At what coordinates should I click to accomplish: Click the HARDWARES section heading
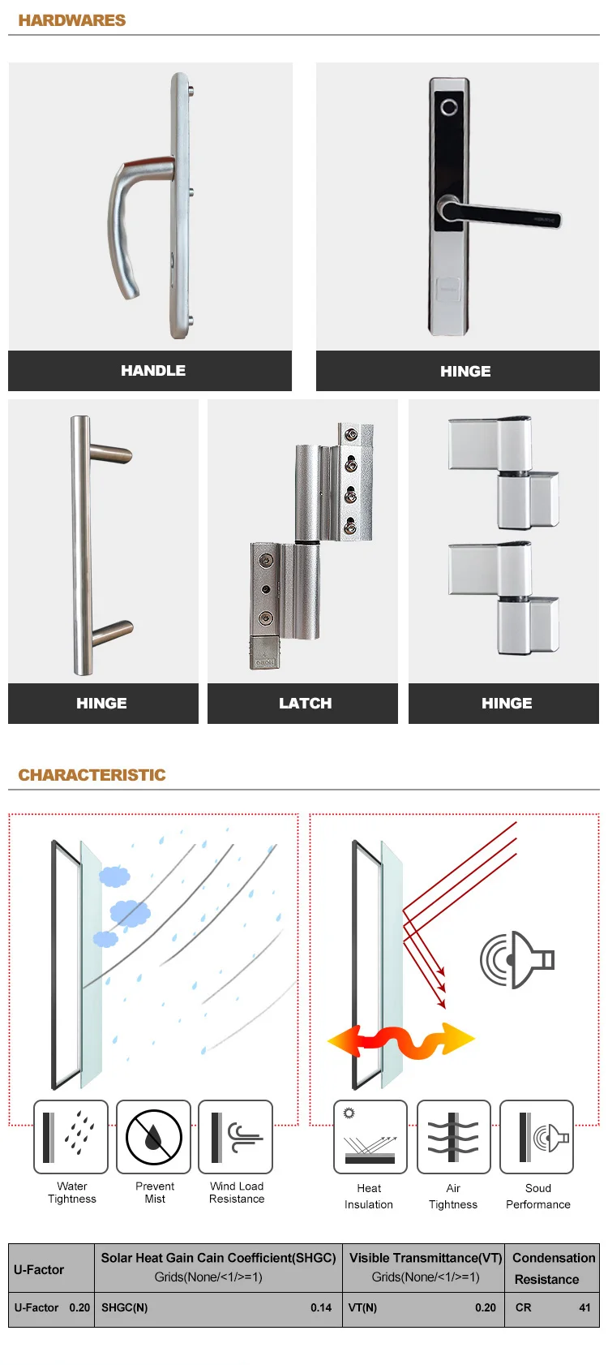(x=72, y=20)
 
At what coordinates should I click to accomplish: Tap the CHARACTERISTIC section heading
(x=92, y=774)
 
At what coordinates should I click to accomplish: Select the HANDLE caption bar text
(x=152, y=371)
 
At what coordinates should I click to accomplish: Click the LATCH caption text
(x=305, y=704)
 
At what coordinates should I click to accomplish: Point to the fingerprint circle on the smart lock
(x=449, y=108)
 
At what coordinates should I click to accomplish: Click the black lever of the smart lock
(x=500, y=214)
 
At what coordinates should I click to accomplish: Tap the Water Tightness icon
(x=71, y=1136)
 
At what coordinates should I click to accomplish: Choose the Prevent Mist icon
(x=153, y=1136)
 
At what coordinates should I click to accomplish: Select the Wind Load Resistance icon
(x=236, y=1136)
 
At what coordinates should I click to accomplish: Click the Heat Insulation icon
(x=370, y=1136)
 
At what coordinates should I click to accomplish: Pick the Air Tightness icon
(x=453, y=1136)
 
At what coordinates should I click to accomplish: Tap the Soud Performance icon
(x=536, y=1136)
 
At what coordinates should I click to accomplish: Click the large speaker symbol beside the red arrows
(x=516, y=960)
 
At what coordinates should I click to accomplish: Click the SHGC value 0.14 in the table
(x=321, y=1307)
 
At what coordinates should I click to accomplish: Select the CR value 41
(x=584, y=1307)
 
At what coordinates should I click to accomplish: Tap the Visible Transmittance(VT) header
(x=426, y=1258)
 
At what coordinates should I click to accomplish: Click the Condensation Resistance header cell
(x=553, y=1268)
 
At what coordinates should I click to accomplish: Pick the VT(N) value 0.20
(x=485, y=1307)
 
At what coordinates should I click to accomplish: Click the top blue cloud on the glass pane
(x=114, y=876)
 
